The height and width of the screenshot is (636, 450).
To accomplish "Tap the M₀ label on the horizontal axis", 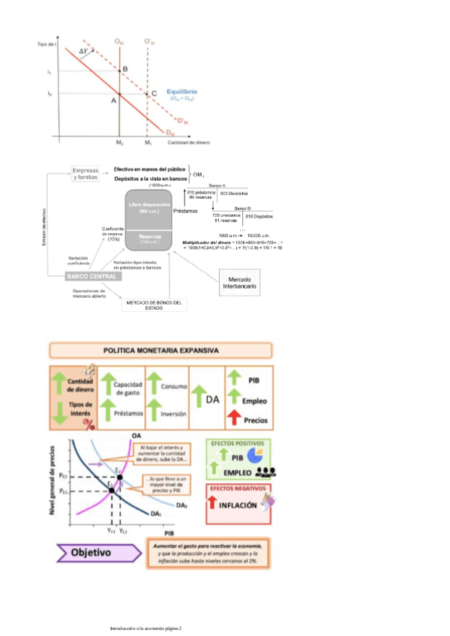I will coord(119,142).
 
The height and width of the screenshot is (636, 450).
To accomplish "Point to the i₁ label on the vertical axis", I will coord(49,71).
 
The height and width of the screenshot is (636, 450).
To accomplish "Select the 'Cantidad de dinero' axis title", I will coord(188,142).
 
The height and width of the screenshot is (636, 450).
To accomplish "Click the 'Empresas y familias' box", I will coord(85,173).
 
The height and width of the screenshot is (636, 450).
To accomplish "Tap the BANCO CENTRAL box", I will coord(93,276).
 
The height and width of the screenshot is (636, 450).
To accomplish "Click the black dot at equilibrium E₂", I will coord(119,478).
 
